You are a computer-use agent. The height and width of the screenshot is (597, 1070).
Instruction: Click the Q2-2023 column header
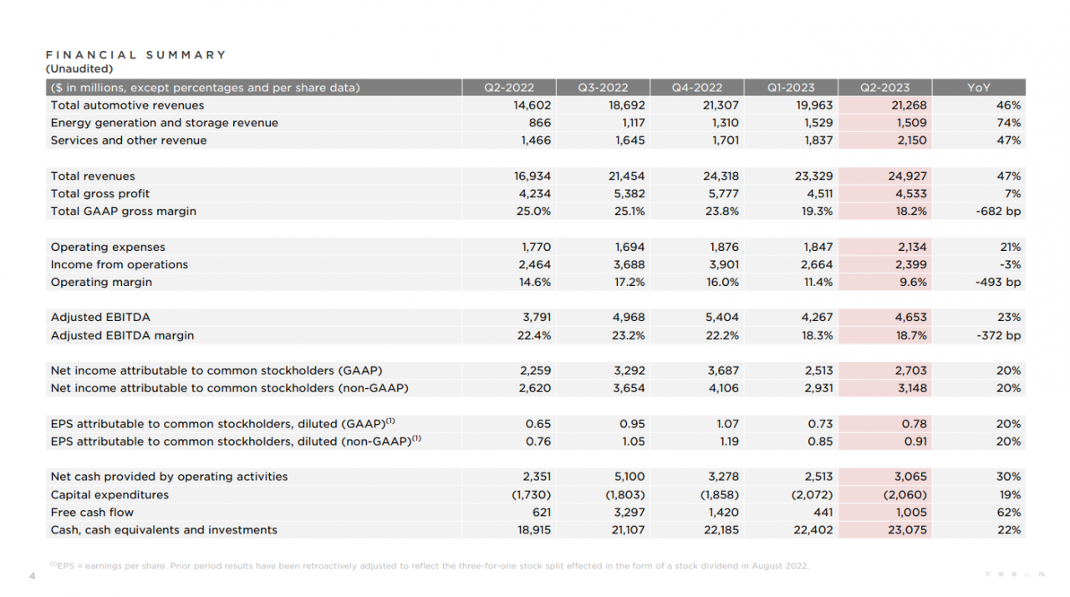884,88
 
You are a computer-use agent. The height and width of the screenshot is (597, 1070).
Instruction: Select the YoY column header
978,88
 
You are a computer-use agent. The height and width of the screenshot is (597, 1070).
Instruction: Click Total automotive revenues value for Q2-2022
531,105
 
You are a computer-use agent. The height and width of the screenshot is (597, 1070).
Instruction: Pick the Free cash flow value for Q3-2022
627,513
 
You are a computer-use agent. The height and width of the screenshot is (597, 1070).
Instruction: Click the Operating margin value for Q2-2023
911,283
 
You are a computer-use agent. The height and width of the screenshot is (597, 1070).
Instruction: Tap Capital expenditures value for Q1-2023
811,495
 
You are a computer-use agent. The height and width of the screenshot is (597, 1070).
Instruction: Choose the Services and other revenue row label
129,140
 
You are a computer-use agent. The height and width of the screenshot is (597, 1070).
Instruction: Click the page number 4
32,576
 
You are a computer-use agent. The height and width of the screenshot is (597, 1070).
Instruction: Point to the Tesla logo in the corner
1014,574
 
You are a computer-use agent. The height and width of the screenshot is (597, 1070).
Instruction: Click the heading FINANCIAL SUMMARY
135,55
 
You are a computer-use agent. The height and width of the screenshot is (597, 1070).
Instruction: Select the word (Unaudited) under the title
79,69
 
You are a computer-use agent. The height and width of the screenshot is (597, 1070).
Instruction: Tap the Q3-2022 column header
603,88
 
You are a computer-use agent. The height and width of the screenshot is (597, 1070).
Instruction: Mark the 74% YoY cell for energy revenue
1008,123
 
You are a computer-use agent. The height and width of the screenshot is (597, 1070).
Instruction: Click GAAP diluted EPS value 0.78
914,424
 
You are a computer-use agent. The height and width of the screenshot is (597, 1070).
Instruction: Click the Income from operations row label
120,265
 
